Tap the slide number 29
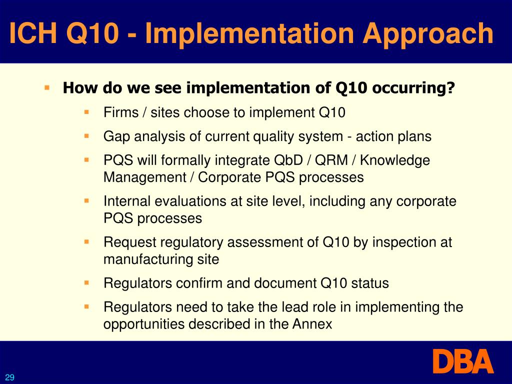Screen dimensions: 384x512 10,377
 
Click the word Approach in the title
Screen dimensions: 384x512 428,34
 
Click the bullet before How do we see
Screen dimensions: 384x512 47,87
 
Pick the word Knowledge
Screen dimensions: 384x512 394,160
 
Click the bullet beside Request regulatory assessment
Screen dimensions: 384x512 86,241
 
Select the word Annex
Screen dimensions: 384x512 313,324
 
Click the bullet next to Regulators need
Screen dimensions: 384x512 86,306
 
